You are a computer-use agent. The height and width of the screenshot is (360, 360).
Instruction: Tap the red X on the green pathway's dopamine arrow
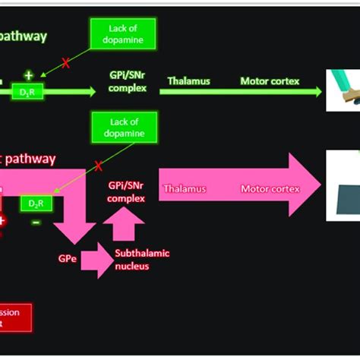(x=66, y=64)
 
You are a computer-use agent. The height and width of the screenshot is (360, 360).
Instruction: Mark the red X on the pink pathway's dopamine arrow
(x=98, y=165)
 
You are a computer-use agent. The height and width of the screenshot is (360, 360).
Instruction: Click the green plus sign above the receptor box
(x=29, y=74)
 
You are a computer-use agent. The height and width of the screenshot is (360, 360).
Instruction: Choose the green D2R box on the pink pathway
(x=36, y=204)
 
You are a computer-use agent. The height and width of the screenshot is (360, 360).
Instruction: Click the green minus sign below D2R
(x=36, y=222)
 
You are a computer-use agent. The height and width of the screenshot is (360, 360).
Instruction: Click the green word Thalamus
(x=190, y=81)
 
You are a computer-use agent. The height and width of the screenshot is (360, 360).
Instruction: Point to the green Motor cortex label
(x=270, y=81)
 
